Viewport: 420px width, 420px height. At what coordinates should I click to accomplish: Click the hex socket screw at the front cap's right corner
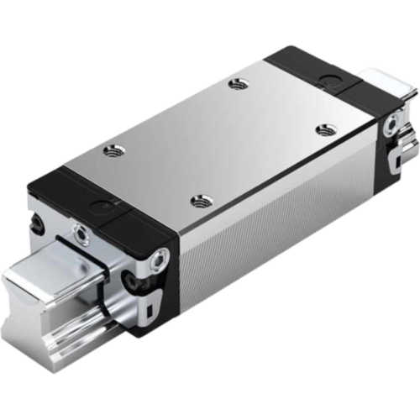(158, 263)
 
